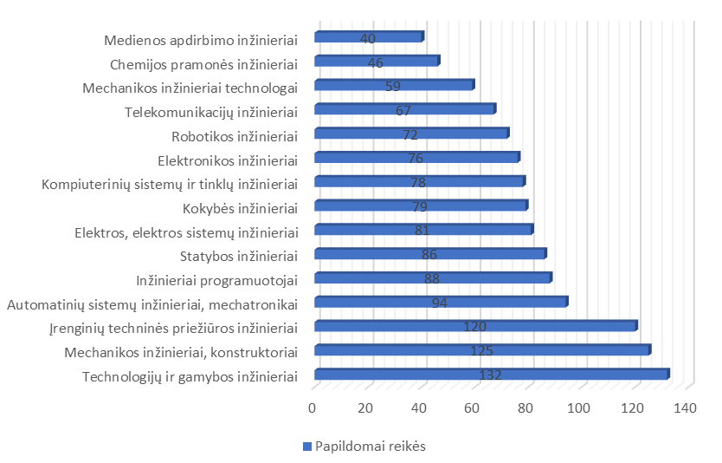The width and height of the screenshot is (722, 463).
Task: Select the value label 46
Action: point(375,62)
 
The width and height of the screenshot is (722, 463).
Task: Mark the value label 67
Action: point(403,110)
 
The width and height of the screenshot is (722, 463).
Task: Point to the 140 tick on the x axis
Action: point(686,408)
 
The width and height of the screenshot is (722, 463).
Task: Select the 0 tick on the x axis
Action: point(313,408)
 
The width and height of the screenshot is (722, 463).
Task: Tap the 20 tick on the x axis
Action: point(366,408)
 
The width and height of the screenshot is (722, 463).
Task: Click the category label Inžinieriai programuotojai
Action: point(217,279)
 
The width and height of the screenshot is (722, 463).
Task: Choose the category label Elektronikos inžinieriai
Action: point(228,160)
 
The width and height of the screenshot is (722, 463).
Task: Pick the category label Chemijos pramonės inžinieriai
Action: point(204,64)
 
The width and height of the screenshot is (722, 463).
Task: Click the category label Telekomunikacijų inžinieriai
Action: point(211,112)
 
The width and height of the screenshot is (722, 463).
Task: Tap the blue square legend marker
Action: point(306,447)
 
